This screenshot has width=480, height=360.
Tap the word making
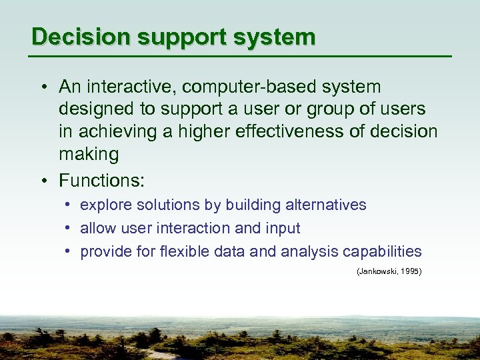point(89,155)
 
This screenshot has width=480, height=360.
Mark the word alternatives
point(326,205)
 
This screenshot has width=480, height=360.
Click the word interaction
point(197,228)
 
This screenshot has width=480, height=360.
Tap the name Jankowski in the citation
point(377,272)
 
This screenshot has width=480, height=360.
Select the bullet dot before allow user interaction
point(68,228)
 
